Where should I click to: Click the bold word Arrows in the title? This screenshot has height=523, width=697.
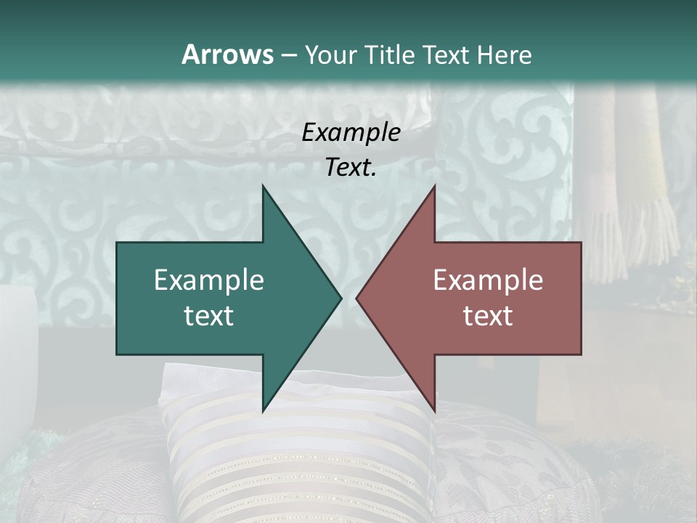click(228, 54)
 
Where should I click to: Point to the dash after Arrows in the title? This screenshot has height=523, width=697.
click(289, 56)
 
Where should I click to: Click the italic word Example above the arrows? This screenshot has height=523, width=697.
click(351, 132)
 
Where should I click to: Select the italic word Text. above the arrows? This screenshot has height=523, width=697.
click(351, 167)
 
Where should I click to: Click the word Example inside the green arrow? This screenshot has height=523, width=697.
click(209, 280)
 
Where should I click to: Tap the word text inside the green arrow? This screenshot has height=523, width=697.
click(209, 315)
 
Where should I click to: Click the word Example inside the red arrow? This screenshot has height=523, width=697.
click(488, 280)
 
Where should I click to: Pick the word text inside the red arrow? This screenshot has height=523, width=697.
click(488, 315)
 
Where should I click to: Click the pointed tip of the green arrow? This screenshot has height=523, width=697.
click(340, 298)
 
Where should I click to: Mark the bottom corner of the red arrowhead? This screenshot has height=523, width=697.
click(434, 409)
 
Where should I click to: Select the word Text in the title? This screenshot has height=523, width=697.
click(446, 55)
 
